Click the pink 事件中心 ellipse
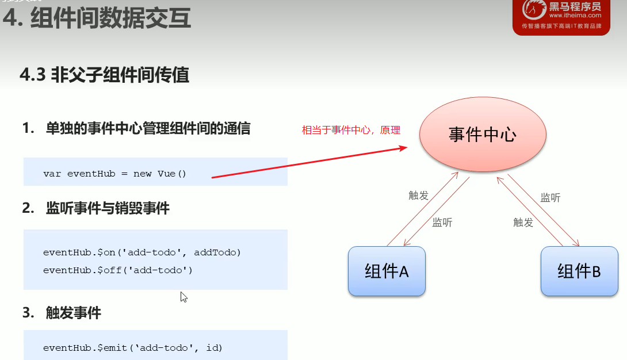tap(482, 135)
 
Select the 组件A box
tap(387, 271)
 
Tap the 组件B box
tap(579, 271)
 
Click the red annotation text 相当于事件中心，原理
tap(351, 130)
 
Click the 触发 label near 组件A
tap(419, 196)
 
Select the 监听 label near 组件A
tap(442, 223)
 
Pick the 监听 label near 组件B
tap(550, 198)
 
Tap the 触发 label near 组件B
tap(523, 223)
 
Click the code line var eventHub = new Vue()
tap(115, 173)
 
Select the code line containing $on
tap(142, 252)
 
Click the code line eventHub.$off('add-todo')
tap(118, 269)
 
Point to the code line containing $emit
tap(133, 347)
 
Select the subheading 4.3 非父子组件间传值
tap(104, 75)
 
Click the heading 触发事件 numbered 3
tap(73, 313)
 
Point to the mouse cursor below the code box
tap(183, 297)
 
